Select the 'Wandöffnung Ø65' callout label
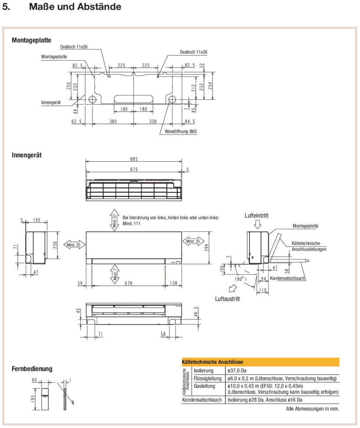[x=181, y=131]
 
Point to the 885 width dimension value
[x=134, y=159]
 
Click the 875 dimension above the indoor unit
[x=134, y=169]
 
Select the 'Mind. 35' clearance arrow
[x=194, y=241]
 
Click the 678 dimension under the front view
[x=128, y=283]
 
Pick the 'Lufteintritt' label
[x=257, y=215]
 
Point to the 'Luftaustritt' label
[x=227, y=299]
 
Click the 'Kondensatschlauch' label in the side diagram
[x=288, y=278]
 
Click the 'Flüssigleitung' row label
[x=208, y=378]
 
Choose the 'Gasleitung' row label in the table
[x=205, y=386]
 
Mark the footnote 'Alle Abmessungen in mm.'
[x=313, y=409]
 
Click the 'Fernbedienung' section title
[x=32, y=368]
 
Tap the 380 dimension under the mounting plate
[x=113, y=122]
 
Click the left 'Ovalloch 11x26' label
[x=74, y=47]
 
